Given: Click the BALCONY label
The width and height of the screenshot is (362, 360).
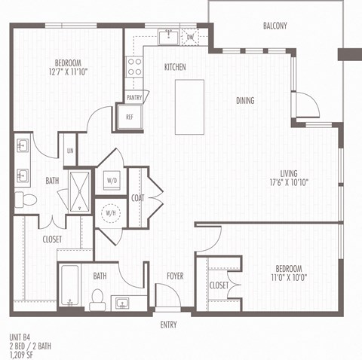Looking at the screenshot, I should pyautogui.click(x=275, y=26).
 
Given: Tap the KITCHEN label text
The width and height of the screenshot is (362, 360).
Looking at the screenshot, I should pyautogui.click(x=175, y=68).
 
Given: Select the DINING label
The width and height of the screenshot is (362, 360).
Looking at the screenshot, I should pyautogui.click(x=244, y=101).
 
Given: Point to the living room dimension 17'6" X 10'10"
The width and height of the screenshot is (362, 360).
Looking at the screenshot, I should pyautogui.click(x=290, y=182).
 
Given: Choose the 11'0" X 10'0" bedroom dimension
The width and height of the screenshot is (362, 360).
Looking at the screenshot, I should pyautogui.click(x=288, y=278).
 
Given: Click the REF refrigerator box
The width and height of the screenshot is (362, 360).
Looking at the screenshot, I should pyautogui.click(x=129, y=117).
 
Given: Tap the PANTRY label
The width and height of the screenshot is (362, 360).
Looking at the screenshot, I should pyautogui.click(x=135, y=97).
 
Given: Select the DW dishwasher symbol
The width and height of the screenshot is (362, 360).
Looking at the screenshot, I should pyautogui.click(x=190, y=37).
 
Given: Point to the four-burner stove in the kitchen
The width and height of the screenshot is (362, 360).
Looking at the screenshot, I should pyautogui.click(x=134, y=67).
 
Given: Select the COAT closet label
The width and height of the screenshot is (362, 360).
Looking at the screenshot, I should pyautogui.click(x=137, y=198).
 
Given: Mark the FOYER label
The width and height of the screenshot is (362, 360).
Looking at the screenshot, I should pyautogui.click(x=175, y=276).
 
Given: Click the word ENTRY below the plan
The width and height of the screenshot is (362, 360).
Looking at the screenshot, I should pyautogui.click(x=169, y=325).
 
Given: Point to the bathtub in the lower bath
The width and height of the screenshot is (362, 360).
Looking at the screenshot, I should pyautogui.click(x=70, y=288).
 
